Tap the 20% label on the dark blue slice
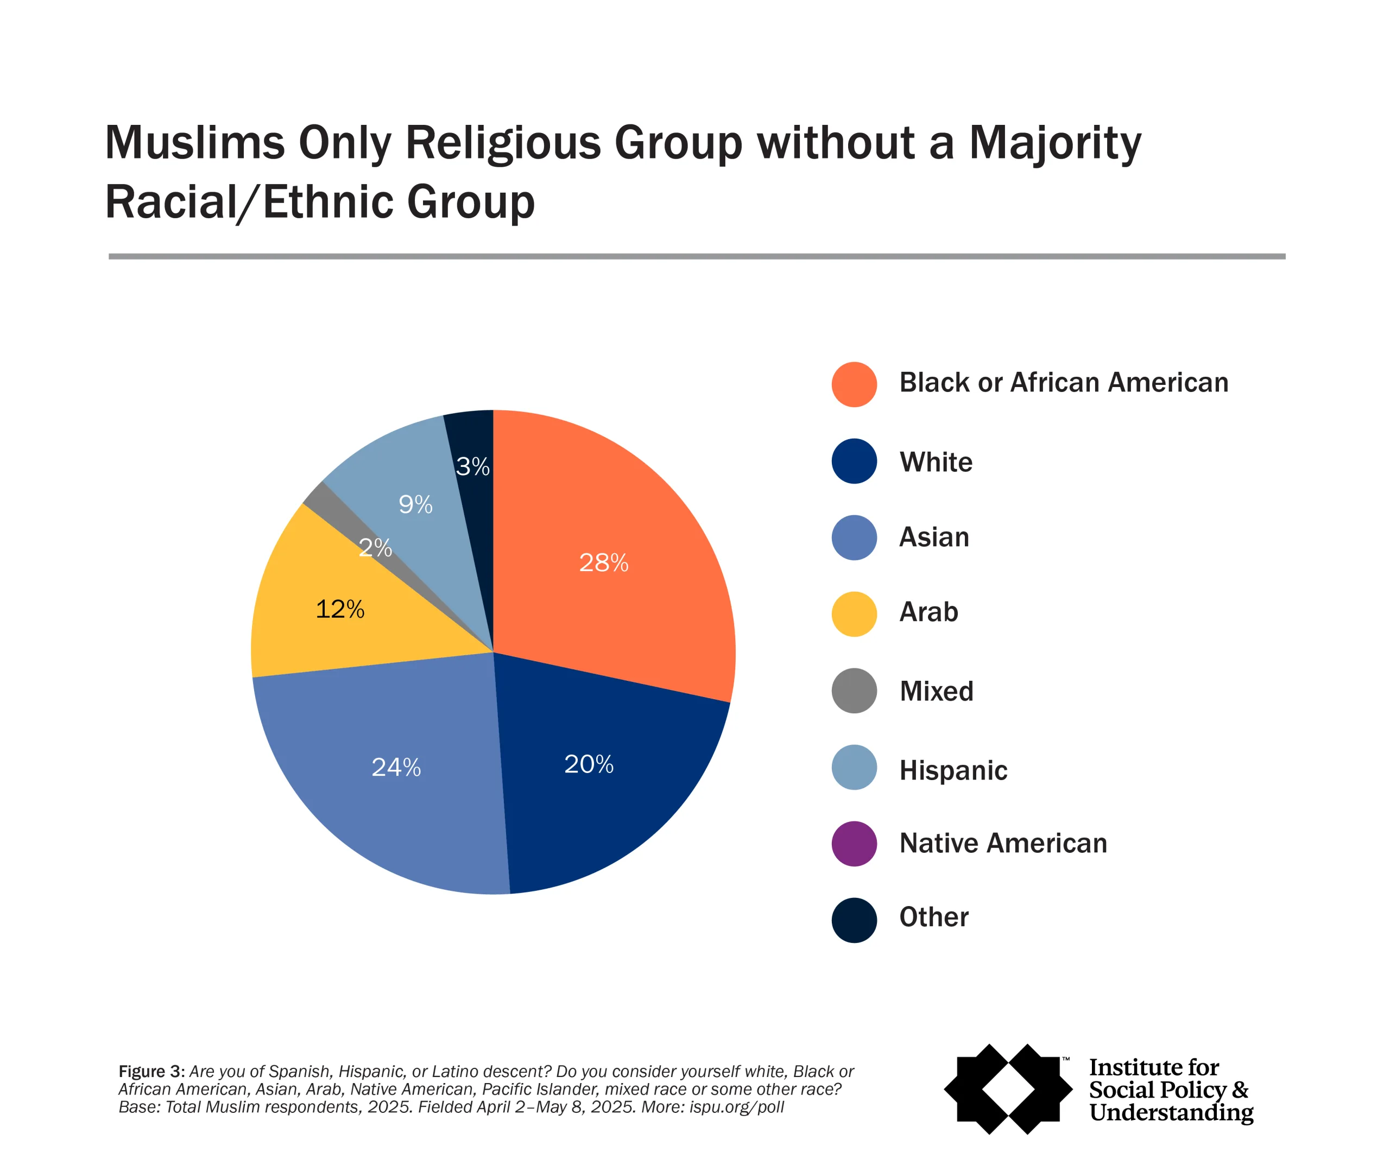click(589, 764)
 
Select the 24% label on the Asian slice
click(396, 767)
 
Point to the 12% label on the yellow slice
click(339, 610)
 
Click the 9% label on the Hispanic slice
click(415, 505)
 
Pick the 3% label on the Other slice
click(472, 467)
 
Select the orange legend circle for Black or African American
click(854, 384)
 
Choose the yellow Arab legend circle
click(854, 613)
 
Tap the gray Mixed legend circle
click(854, 691)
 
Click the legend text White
click(936, 462)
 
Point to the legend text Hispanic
click(953, 770)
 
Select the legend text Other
click(933, 917)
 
